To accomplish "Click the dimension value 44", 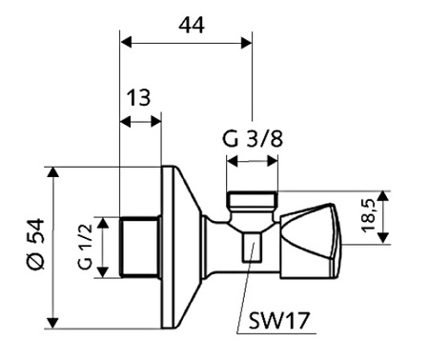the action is tap(192, 26).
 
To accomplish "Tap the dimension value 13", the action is tap(138, 97).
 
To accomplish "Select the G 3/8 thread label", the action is tap(253, 139).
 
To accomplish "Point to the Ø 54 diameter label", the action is tap(35, 244).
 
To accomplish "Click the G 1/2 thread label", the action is tap(85, 247).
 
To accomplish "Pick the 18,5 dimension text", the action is tap(369, 216).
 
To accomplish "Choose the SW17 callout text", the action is tap(278, 321).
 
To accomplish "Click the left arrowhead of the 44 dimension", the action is tap(126, 42).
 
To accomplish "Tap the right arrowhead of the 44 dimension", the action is tap(246, 42).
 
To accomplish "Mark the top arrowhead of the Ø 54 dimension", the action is tap(53, 172).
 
